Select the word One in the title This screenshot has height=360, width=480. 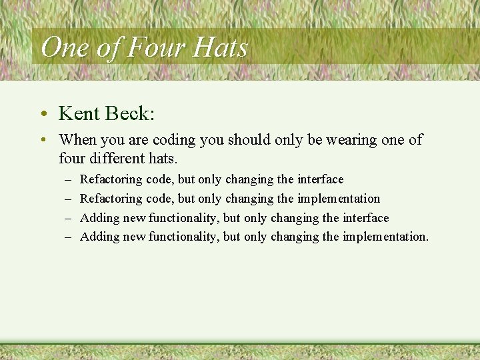63,48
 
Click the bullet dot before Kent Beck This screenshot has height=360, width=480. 43,114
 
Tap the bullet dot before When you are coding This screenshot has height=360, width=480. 43,141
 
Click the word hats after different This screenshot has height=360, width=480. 163,159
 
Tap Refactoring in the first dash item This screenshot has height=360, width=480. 111,179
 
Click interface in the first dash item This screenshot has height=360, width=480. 320,179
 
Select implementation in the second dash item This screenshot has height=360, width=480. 339,199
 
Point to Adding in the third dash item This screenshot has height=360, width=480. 100,218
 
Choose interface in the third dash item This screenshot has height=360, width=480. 365,218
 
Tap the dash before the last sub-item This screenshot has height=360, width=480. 69,237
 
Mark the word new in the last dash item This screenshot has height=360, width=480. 134,237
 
